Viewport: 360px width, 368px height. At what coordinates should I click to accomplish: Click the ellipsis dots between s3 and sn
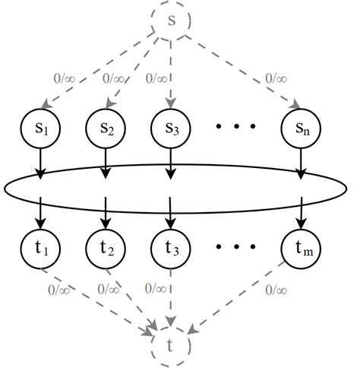[x=235, y=126]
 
